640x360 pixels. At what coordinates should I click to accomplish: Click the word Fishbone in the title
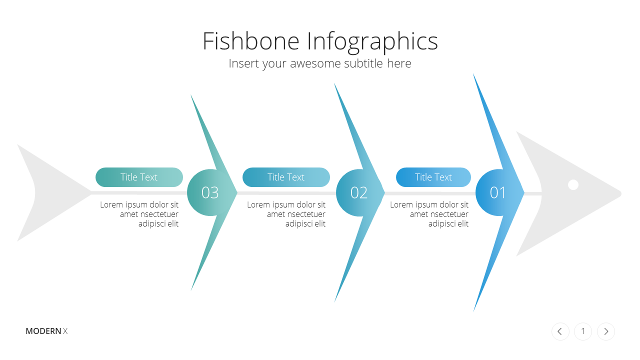click(251, 41)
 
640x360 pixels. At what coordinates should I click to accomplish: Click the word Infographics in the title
click(372, 42)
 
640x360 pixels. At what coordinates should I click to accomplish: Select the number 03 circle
click(209, 192)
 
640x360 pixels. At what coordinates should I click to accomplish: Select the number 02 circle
click(359, 192)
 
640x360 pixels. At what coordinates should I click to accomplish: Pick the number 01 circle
click(498, 192)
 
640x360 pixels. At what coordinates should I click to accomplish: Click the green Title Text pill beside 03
click(139, 177)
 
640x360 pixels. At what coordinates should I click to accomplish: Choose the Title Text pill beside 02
click(286, 177)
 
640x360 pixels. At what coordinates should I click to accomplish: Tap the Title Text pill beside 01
click(433, 177)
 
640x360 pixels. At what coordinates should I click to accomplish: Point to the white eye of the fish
click(573, 184)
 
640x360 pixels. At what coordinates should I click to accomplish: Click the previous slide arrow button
click(560, 331)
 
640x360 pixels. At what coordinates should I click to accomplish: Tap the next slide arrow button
click(606, 331)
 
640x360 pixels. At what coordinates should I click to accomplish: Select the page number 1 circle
click(583, 331)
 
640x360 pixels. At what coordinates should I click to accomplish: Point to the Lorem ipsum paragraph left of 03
click(139, 214)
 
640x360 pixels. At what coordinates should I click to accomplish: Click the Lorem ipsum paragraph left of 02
click(286, 214)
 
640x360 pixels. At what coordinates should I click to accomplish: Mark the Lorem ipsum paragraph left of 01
click(429, 214)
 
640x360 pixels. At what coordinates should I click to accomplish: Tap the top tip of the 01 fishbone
click(473, 74)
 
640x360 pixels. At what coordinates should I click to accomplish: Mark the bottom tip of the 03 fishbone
click(191, 290)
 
